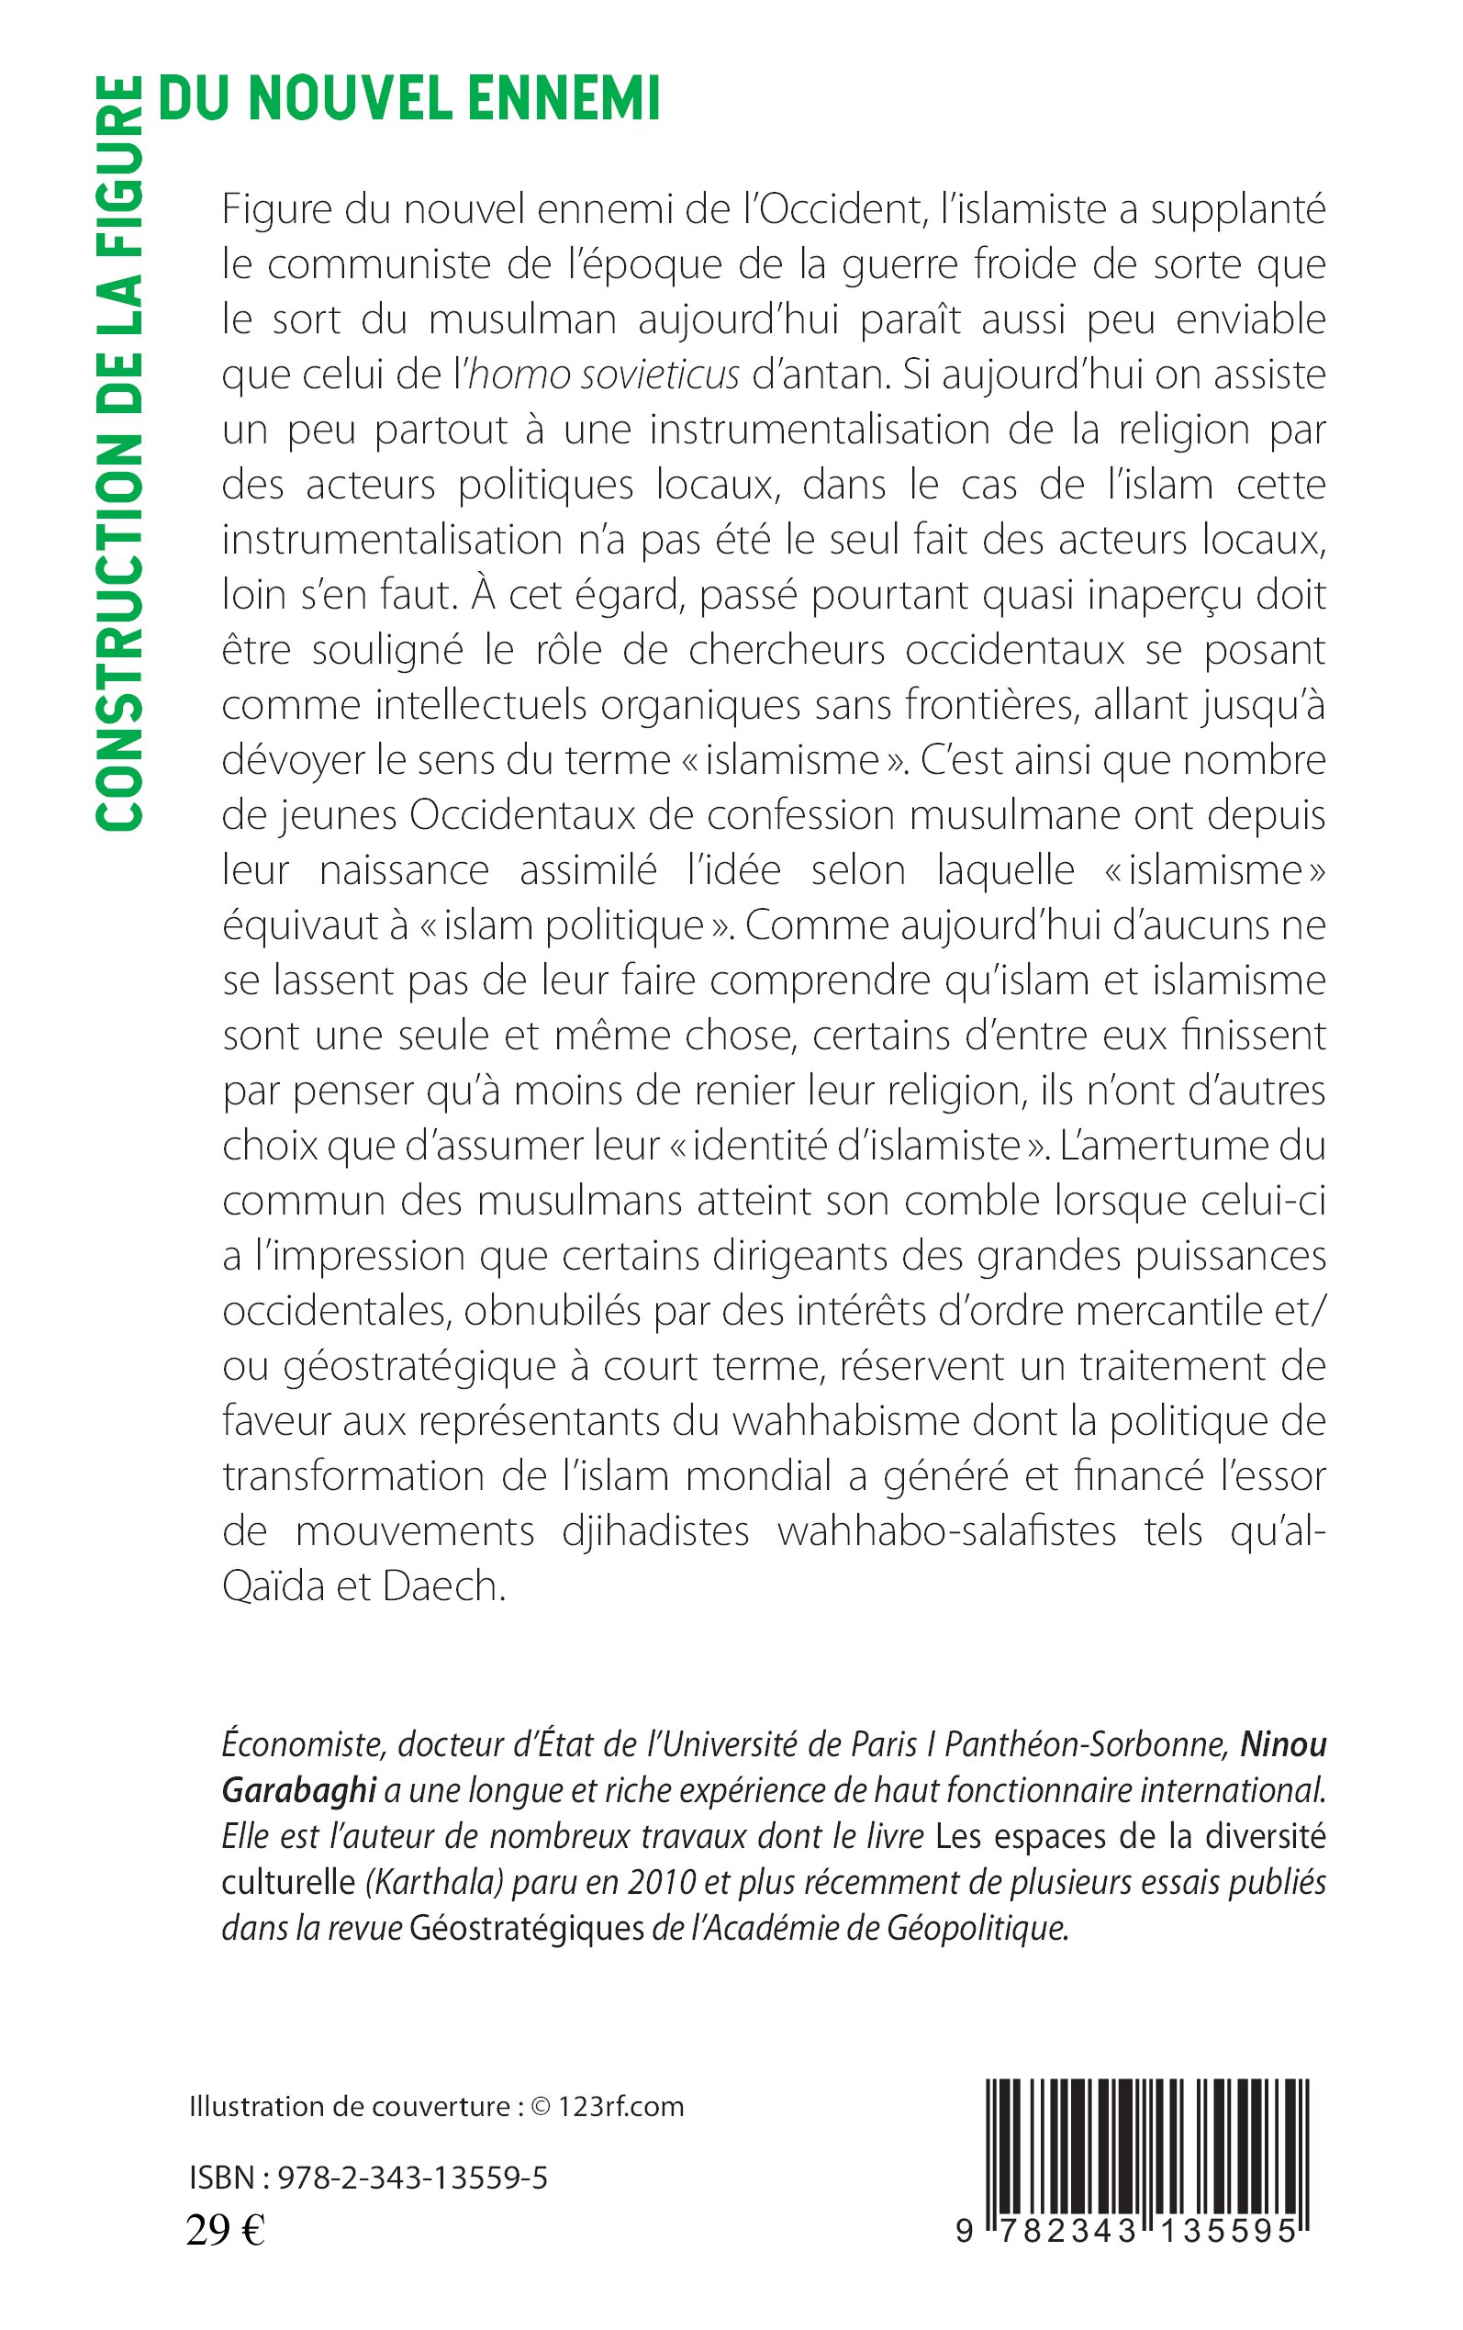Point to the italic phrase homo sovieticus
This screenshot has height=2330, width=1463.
(x=604, y=375)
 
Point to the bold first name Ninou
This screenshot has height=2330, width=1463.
(x=1283, y=1743)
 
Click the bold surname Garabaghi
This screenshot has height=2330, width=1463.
(x=298, y=1790)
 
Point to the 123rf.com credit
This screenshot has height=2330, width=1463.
(x=621, y=2107)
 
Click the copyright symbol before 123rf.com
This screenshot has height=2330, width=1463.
(x=541, y=2107)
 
